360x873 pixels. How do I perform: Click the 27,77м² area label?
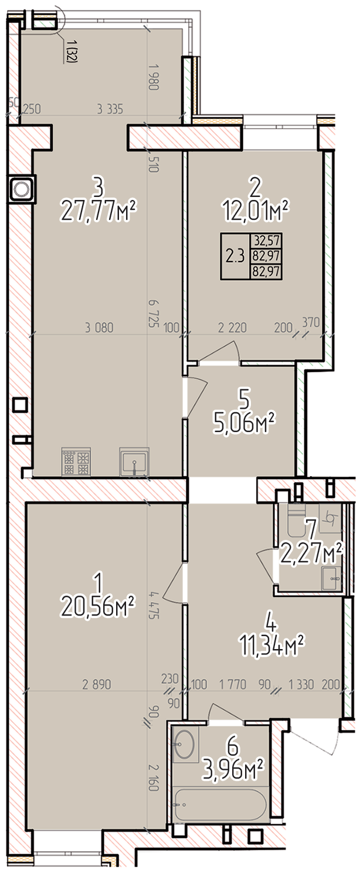tap(99, 211)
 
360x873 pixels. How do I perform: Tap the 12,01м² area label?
tap(256, 211)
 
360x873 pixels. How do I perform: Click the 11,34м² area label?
tap(271, 644)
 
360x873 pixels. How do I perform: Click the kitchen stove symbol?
tap(76, 461)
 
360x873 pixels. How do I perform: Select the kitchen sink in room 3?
tap(134, 462)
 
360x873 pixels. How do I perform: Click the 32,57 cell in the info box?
tap(267, 240)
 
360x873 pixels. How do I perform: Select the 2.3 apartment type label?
tap(235, 257)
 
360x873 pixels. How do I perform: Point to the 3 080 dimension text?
tap(99, 328)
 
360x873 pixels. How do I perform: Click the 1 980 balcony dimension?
tap(152, 77)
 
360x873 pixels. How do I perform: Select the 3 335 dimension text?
tap(110, 109)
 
